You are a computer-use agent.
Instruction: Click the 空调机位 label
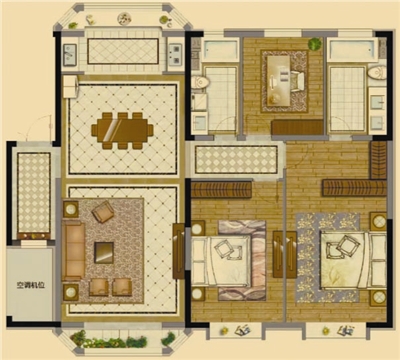pos(31,285)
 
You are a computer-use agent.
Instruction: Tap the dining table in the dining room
pos(122,131)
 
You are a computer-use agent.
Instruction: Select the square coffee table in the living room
pos(104,253)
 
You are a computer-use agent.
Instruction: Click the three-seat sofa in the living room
pos(73,252)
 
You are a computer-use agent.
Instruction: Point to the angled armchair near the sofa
pos(103,211)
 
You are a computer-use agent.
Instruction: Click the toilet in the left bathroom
pos(200,82)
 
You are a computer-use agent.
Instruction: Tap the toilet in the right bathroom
pos(377,73)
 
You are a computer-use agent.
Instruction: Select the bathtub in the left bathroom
pos(221,50)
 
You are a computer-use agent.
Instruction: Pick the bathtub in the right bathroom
pos(353,50)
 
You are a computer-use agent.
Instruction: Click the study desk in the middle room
pos(279,80)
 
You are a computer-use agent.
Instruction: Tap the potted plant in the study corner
pos(314,44)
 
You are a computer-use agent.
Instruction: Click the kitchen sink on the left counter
pos(70,54)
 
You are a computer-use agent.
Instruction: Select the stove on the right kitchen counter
pos(175,54)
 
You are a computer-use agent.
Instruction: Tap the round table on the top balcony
pos(124,18)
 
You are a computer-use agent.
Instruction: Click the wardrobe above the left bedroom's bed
pos(221,190)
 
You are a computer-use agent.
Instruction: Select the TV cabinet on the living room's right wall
pos(178,251)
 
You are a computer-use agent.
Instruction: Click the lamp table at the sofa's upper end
pos(71,209)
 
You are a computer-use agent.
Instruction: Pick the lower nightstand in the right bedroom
pos(379,297)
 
